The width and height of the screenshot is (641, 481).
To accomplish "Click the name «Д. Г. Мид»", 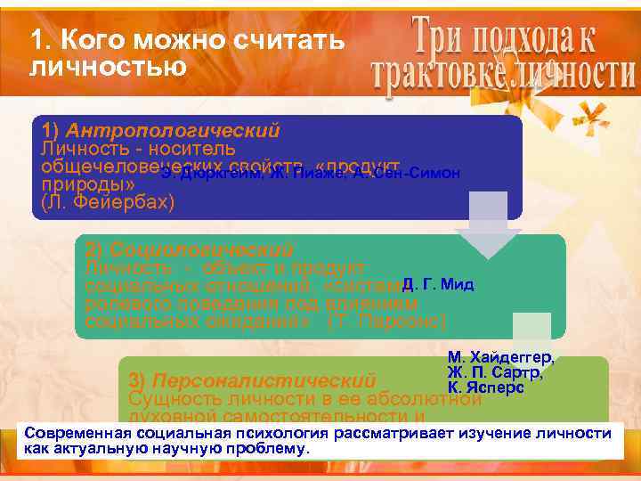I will [x=438, y=285].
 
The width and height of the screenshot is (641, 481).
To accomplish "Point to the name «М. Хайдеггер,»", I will [x=501, y=357].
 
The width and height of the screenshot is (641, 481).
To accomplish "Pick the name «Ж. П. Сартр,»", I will [x=500, y=372].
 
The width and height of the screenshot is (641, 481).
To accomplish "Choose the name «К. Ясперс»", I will [x=486, y=387].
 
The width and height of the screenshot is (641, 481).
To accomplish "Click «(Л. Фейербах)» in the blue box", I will [x=109, y=203].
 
